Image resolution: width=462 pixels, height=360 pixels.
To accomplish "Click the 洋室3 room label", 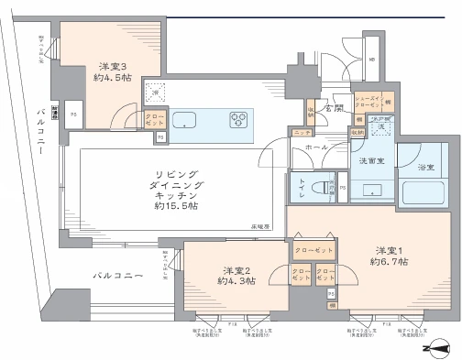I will click(112, 67).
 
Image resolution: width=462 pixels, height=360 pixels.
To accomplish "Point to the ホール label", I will click(317, 147).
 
